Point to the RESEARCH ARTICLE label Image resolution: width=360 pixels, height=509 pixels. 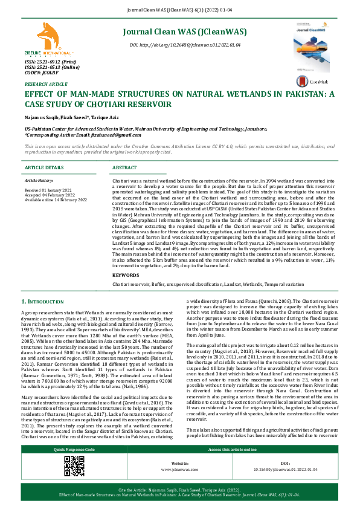(46, 83)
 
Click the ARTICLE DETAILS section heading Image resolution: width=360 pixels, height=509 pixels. (43, 167)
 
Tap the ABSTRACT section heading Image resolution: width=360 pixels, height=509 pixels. (124, 167)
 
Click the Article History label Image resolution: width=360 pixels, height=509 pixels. (39, 181)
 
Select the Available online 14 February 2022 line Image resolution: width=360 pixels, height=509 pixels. (56, 199)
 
